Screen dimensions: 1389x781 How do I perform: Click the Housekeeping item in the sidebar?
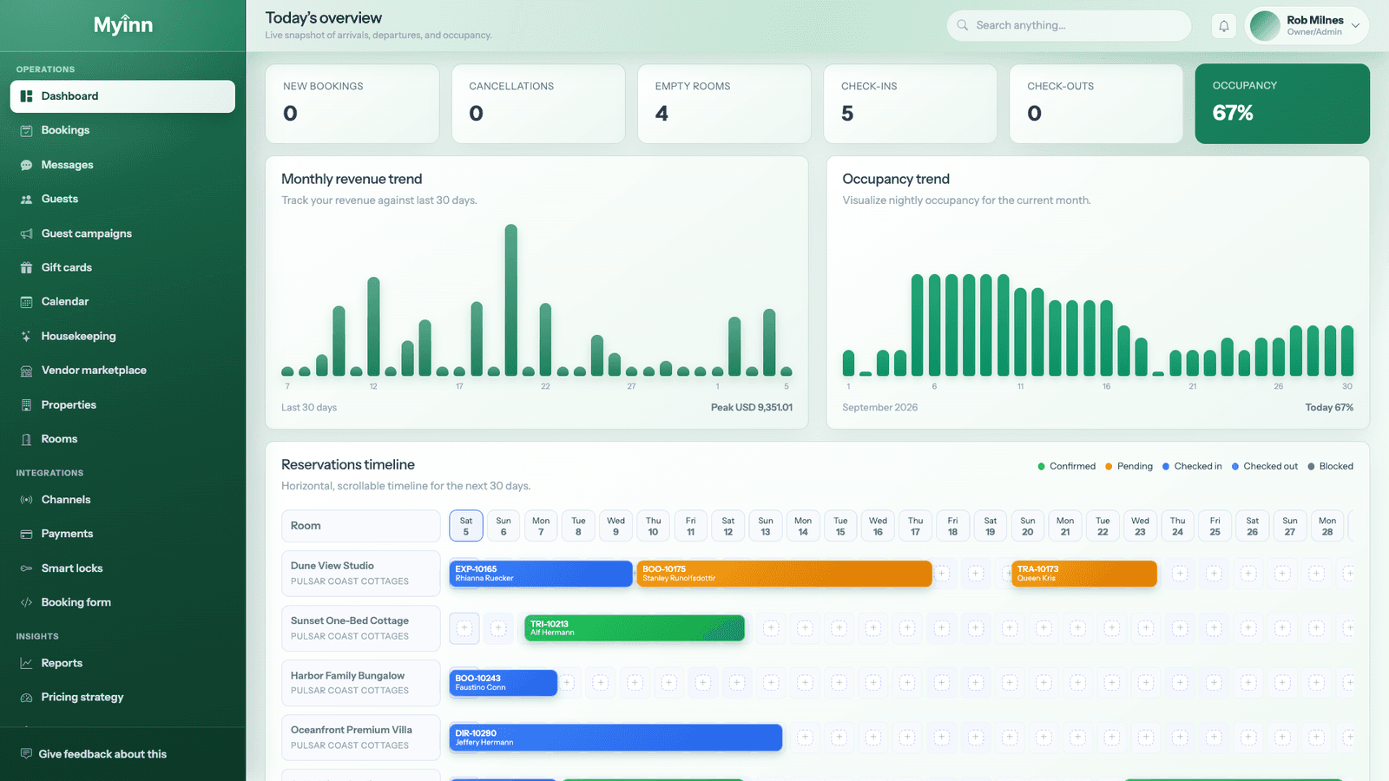pyautogui.click(x=78, y=336)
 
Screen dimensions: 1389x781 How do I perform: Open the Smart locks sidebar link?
pyautogui.click(x=72, y=568)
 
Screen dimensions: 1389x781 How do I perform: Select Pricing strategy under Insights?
pyautogui.click(x=82, y=697)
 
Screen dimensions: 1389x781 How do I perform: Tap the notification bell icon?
pyautogui.click(x=1223, y=26)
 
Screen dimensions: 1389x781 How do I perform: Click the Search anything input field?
pyautogui.click(x=1069, y=25)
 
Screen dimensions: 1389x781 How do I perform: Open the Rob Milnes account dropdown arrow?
pyautogui.click(x=1355, y=25)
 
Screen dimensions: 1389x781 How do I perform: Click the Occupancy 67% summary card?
pyautogui.click(x=1281, y=103)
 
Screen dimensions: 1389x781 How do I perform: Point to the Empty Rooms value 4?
pyautogui.click(x=662, y=114)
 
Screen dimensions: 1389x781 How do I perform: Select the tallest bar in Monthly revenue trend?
pyautogui.click(x=511, y=300)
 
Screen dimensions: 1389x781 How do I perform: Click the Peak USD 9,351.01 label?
pyautogui.click(x=751, y=407)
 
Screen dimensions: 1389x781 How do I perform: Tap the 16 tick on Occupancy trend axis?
pyautogui.click(x=1106, y=386)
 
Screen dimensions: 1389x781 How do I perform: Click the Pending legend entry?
pyautogui.click(x=1129, y=466)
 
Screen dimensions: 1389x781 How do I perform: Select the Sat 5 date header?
pyautogui.click(x=465, y=526)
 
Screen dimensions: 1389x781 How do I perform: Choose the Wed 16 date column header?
pyautogui.click(x=878, y=526)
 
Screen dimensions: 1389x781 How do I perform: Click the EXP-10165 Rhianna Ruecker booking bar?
pyautogui.click(x=541, y=574)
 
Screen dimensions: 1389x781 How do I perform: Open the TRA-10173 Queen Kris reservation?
pyautogui.click(x=1084, y=574)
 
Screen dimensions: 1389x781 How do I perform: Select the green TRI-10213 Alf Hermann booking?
pyautogui.click(x=635, y=628)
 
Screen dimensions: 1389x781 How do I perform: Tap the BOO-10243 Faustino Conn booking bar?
pyautogui.click(x=503, y=682)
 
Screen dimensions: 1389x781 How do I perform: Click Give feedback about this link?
pyautogui.click(x=102, y=754)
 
